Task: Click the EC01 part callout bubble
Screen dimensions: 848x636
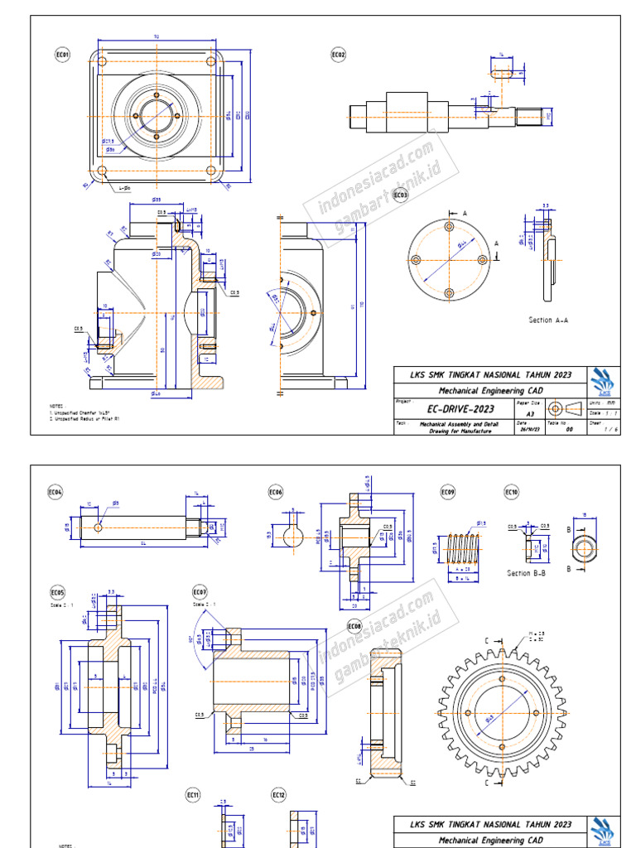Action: pos(63,55)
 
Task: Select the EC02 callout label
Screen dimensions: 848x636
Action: pos(339,55)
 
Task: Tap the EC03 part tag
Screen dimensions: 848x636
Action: pos(400,195)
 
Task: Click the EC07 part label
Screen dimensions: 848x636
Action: pos(200,592)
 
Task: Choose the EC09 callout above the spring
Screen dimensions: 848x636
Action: pos(447,493)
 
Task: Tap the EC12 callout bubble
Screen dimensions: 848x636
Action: pos(279,795)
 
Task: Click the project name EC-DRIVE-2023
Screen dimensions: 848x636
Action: pos(460,409)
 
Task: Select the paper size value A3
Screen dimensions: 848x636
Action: pos(530,412)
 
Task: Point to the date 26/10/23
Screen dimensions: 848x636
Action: pos(529,430)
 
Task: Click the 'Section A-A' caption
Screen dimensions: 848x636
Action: pos(549,320)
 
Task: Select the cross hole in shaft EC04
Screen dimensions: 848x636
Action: pos(99,527)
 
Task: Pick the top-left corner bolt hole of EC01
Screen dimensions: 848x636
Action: pos(102,63)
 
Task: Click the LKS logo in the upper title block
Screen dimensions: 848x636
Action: pos(602,382)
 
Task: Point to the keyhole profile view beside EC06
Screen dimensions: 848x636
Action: pos(293,536)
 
